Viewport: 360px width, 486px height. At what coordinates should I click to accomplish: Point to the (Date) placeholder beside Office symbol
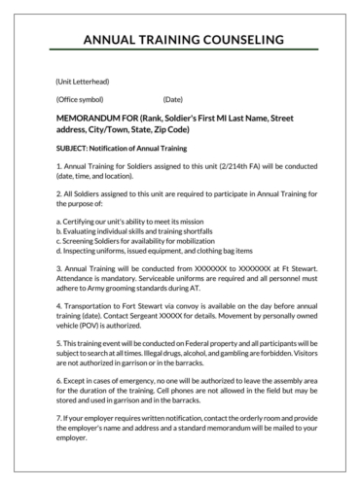(x=173, y=99)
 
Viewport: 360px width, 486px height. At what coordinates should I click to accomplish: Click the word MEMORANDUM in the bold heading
(x=91, y=117)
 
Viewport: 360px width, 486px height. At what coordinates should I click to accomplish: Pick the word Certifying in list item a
(x=83, y=221)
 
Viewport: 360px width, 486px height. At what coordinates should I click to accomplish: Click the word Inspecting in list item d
(x=84, y=250)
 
